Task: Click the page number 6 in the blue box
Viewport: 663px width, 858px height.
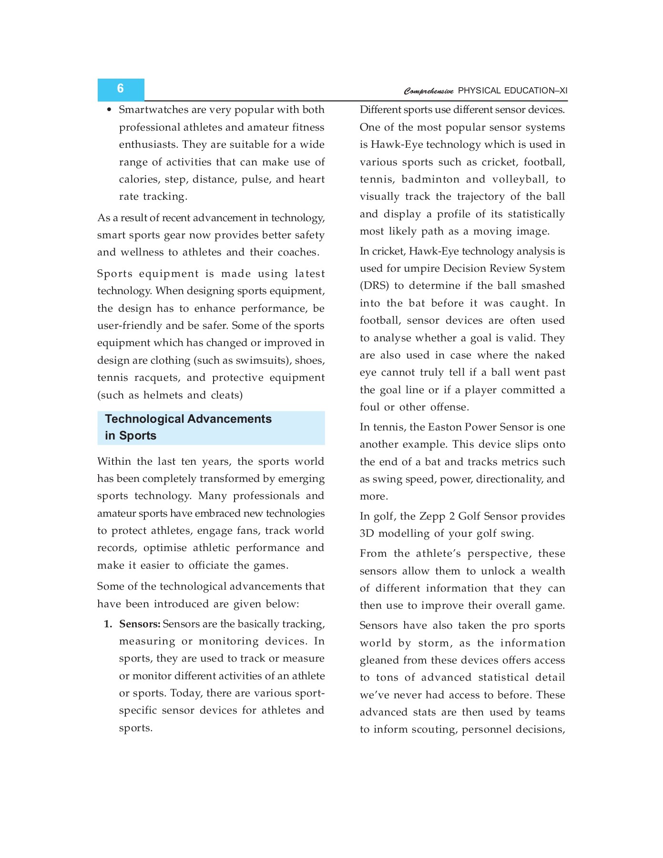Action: [x=120, y=89]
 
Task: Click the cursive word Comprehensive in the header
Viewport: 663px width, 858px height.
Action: [x=428, y=91]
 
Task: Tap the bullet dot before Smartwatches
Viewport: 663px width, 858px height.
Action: [x=109, y=110]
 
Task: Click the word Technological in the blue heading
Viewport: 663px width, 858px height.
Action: [x=144, y=419]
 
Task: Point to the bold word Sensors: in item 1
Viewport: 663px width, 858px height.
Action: [x=140, y=624]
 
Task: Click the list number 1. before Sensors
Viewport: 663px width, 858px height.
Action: [x=108, y=624]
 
